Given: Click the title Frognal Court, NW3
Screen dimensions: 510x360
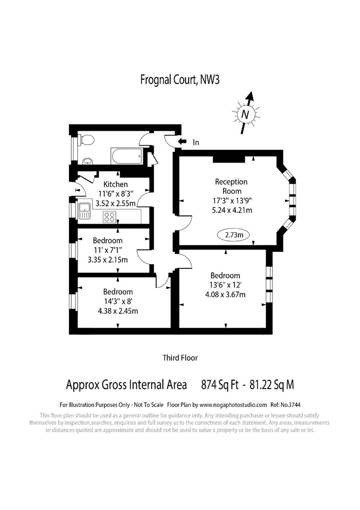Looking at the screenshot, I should (x=179, y=80).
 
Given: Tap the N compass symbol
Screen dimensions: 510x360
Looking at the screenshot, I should (x=245, y=113).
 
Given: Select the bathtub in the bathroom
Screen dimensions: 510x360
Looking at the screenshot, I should (x=126, y=156).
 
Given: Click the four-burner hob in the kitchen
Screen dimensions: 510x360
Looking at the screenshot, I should (x=110, y=216).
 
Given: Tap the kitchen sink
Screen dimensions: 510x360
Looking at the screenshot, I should (x=85, y=211).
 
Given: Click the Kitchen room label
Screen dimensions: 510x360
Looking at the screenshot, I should (x=115, y=184).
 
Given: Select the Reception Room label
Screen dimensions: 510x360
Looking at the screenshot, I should (x=231, y=186).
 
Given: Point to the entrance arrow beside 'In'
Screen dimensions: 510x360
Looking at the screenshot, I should (x=182, y=142).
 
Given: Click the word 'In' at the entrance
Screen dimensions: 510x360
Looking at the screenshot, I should (x=196, y=142).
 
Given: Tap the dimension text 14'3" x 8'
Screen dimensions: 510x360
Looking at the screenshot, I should (x=118, y=302).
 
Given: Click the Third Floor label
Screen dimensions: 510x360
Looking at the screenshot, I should (x=180, y=358).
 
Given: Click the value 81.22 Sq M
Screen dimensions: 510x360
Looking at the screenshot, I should (x=271, y=384).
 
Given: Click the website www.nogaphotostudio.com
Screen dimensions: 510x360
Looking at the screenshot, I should (x=233, y=404).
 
